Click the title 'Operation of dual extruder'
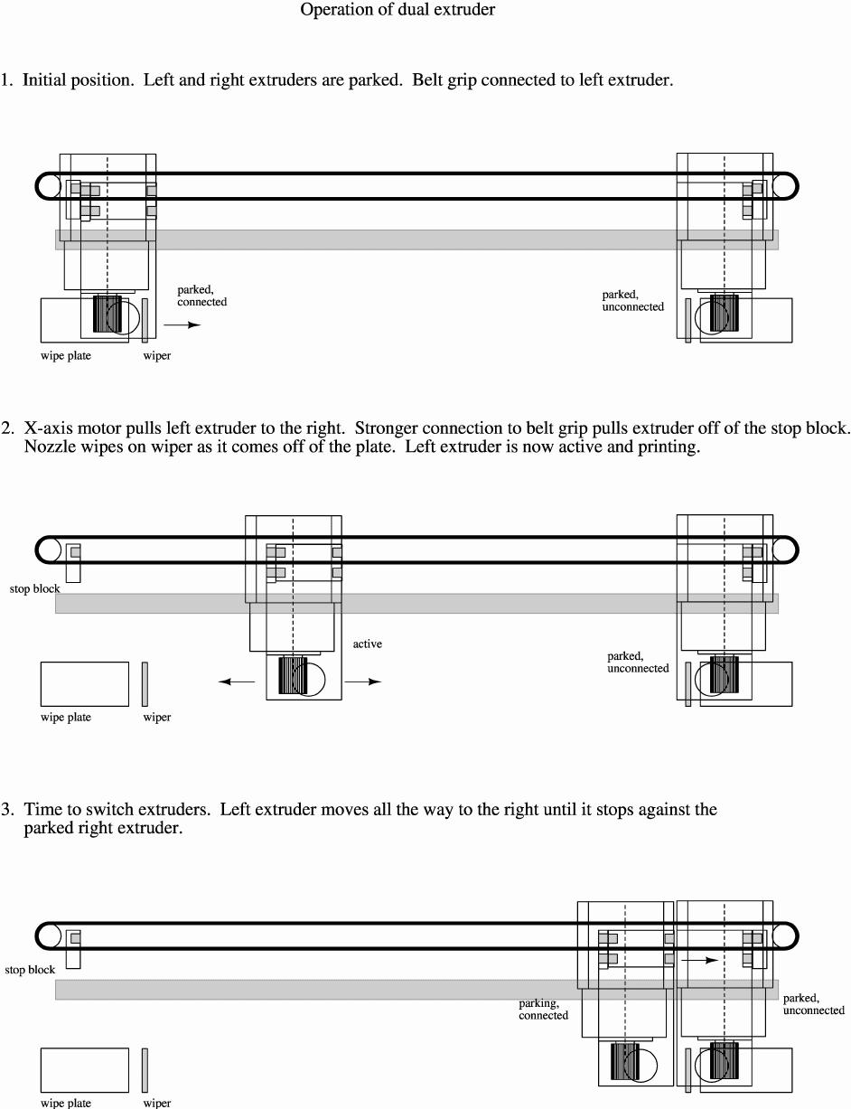click(397, 11)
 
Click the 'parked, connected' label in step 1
click(201, 296)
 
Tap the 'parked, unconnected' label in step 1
click(632, 301)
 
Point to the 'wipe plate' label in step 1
click(66, 356)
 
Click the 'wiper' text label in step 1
click(156, 356)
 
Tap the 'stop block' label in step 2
click(34, 589)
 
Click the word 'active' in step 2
click(367, 644)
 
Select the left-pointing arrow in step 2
click(237, 682)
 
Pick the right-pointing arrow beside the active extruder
click(363, 682)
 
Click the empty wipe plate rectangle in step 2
click(84, 683)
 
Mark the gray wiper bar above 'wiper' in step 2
click(145, 683)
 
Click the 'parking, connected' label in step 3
click(543, 1010)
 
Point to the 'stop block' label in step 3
click(30, 971)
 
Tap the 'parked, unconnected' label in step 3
click(813, 1004)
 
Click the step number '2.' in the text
click(7, 428)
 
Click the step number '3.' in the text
click(7, 810)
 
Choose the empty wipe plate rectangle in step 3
click(84, 1069)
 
